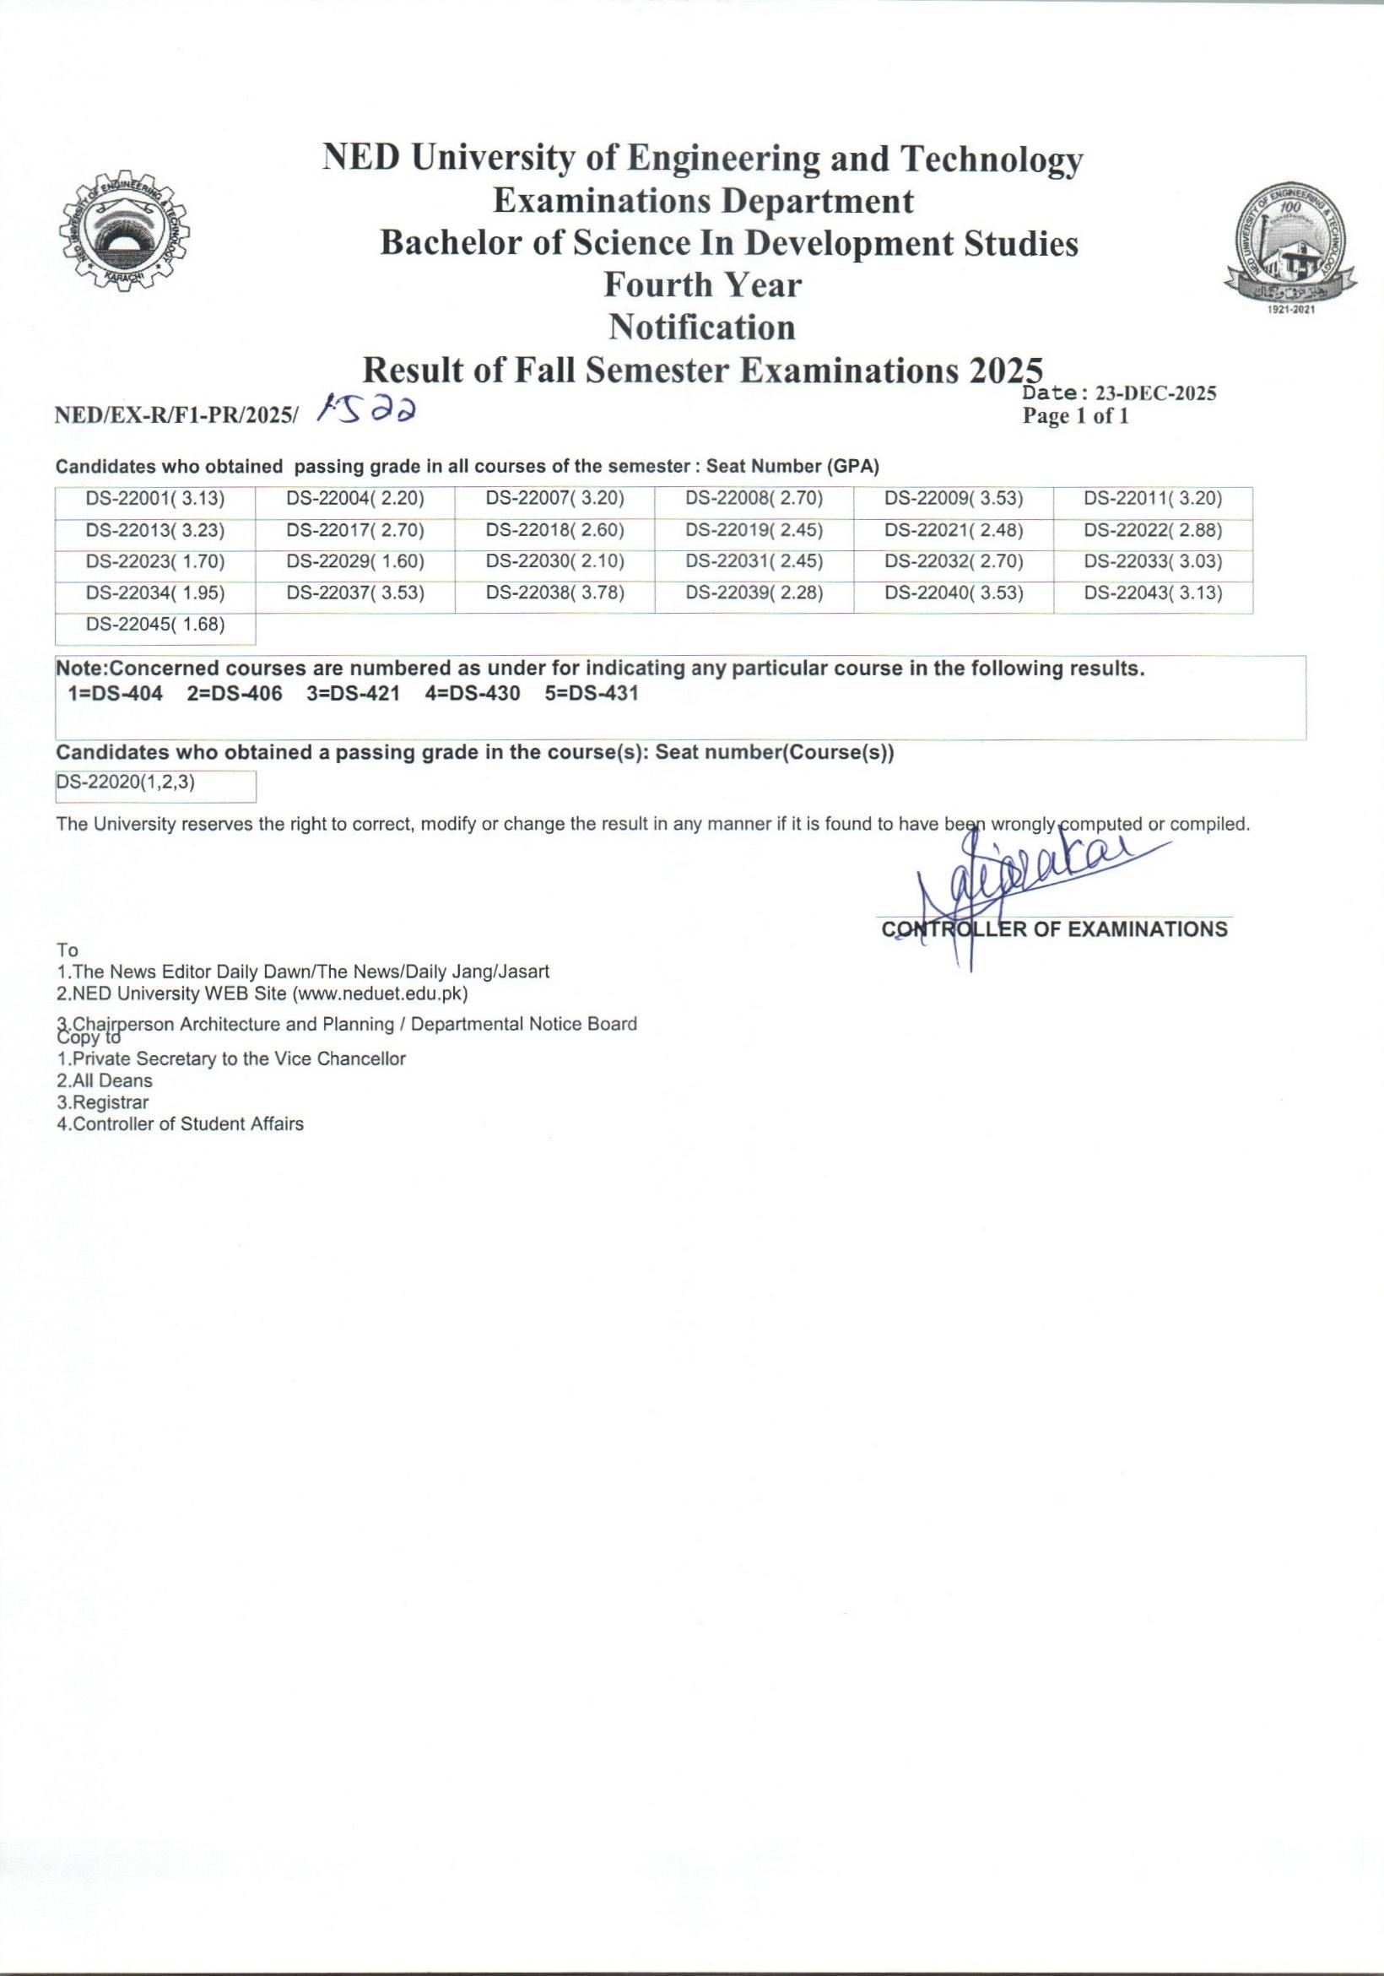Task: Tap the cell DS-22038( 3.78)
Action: pos(555,593)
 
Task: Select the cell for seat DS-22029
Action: pos(355,561)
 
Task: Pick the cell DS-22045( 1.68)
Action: pos(155,625)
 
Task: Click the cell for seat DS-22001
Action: pos(155,497)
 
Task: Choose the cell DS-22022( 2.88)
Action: pos(1153,529)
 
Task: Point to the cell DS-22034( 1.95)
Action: pos(155,593)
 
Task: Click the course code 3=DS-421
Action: pos(353,694)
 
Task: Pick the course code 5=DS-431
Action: pos(592,694)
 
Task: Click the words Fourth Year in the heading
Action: pos(702,284)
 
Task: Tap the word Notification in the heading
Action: pos(701,327)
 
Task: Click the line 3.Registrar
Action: pos(102,1102)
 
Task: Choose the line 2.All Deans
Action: pos(104,1081)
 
